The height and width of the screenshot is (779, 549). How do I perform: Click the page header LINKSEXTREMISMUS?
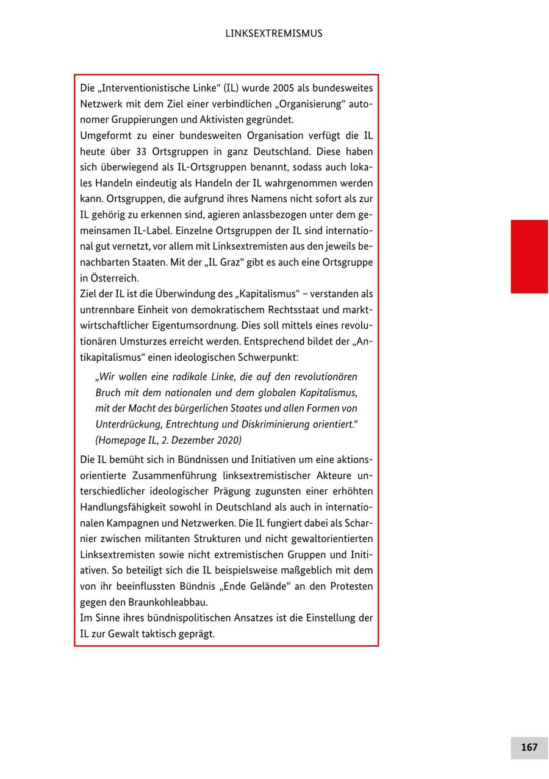point(273,34)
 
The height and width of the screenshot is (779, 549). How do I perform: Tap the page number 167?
point(529,747)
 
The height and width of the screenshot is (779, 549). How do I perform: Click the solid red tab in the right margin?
point(529,256)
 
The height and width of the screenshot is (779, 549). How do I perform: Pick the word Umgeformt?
point(105,135)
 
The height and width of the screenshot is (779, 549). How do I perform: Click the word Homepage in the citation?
point(123,440)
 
